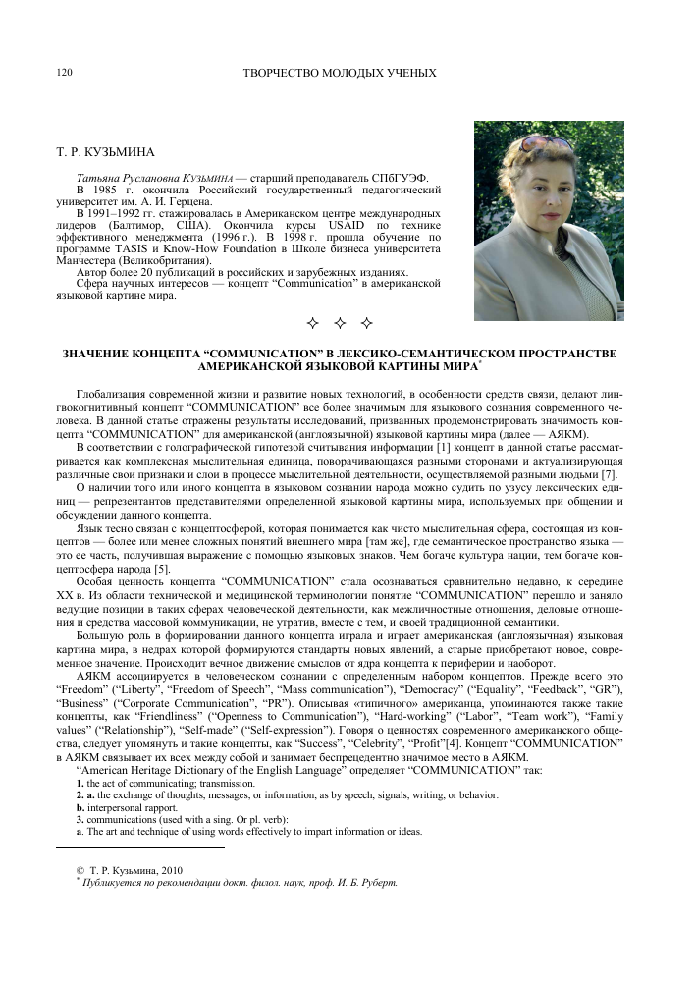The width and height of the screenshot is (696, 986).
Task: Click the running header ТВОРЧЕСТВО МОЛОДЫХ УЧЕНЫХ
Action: point(339,74)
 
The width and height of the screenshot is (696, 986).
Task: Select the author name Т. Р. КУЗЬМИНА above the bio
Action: point(100,152)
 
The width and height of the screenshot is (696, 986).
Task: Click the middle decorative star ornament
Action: point(340,323)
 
